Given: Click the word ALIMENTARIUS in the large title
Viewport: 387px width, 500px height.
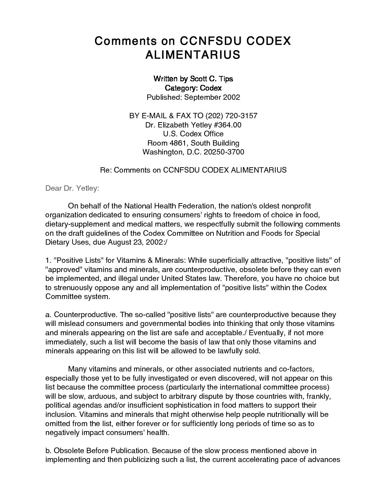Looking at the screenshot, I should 193,55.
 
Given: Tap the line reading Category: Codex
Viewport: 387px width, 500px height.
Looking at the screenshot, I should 193,88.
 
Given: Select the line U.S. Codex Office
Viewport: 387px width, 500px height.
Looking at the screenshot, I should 193,134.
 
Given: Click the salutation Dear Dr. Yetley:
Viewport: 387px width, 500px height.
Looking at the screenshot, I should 72,189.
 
